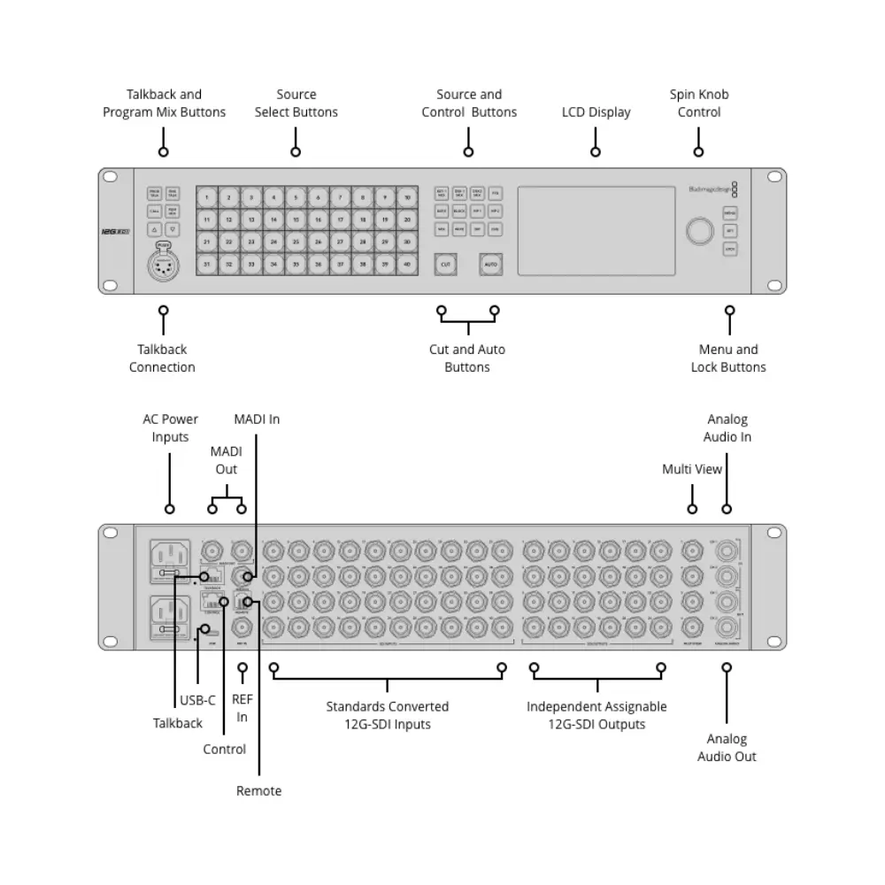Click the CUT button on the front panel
point(446,264)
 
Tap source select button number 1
point(207,197)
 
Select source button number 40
point(406,264)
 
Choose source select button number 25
point(296,242)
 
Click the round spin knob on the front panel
point(697,231)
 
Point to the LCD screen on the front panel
point(589,230)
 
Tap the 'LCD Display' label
point(596,112)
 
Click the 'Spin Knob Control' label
point(699,104)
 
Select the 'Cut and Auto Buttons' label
point(467,358)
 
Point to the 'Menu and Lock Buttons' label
point(728,358)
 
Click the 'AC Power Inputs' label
point(170,428)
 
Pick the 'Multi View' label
point(692,469)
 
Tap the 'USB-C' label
point(197,700)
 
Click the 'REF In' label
point(242,708)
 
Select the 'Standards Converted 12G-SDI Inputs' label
point(388,715)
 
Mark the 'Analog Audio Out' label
point(727,748)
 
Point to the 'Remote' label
point(258,790)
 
